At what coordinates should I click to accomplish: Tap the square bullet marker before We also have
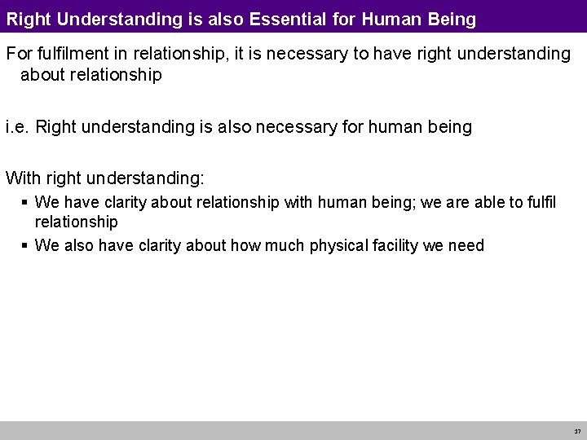(x=25, y=245)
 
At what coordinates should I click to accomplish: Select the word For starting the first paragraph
(x=19, y=54)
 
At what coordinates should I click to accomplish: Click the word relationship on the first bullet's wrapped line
(x=76, y=222)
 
